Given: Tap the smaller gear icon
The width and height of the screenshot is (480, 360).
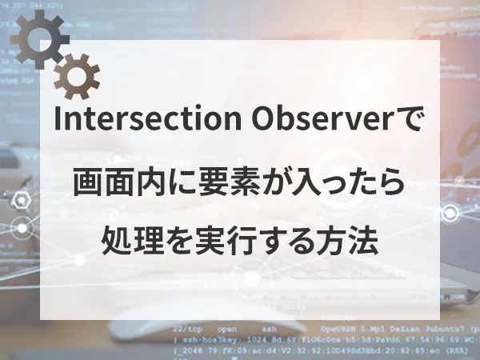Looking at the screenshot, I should click(x=77, y=76).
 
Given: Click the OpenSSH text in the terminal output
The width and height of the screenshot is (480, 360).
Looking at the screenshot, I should click(x=337, y=328).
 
